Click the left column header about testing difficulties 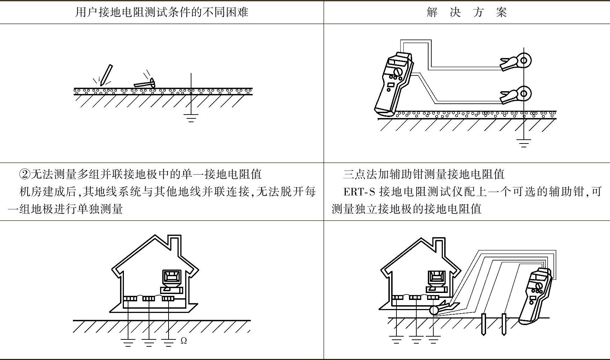click(x=162, y=12)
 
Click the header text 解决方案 click(x=467, y=12)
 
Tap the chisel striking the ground click(x=106, y=75)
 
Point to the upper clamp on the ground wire click(x=516, y=62)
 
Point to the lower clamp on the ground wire click(x=516, y=95)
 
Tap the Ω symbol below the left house click(x=184, y=340)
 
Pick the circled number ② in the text click(x=25, y=174)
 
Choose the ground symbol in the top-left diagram click(x=191, y=118)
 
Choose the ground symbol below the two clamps click(x=523, y=143)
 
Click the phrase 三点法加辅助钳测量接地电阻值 click(x=424, y=174)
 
